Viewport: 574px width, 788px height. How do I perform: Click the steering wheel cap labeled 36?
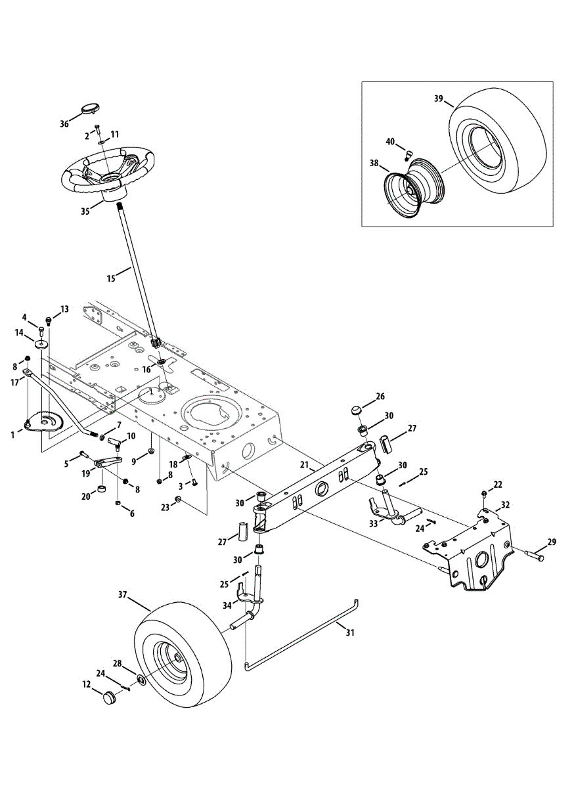pyautogui.click(x=91, y=108)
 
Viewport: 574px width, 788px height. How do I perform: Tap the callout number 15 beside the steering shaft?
pyautogui.click(x=111, y=278)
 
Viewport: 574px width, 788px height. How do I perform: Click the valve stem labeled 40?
pyautogui.click(x=408, y=154)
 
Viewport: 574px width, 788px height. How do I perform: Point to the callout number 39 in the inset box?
pyautogui.click(x=439, y=98)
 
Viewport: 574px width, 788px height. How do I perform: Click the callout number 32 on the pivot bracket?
pyautogui.click(x=506, y=505)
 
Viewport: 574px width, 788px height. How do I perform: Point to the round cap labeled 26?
pyautogui.click(x=357, y=410)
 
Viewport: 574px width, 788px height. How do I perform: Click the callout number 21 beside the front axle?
pyautogui.click(x=305, y=465)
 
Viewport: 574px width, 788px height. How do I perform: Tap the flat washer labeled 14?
pyautogui.click(x=41, y=343)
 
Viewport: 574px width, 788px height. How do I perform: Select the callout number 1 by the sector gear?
pyautogui.click(x=13, y=435)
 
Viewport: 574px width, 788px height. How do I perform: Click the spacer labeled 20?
pyautogui.click(x=102, y=489)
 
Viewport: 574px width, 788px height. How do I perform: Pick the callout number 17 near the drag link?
pyautogui.click(x=15, y=382)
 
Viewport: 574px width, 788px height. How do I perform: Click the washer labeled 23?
pyautogui.click(x=178, y=499)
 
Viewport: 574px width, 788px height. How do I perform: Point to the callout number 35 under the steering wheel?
pyautogui.click(x=85, y=211)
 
